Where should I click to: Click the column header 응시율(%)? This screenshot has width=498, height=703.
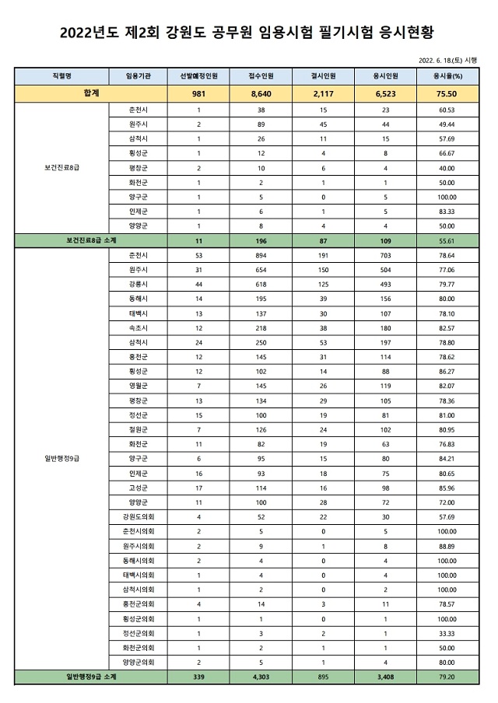(x=447, y=76)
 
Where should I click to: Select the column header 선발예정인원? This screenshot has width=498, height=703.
(x=198, y=76)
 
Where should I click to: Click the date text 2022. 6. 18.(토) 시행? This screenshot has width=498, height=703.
(x=447, y=59)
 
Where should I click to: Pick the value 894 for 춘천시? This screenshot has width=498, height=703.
(x=261, y=255)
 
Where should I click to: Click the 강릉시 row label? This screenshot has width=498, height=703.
(x=138, y=285)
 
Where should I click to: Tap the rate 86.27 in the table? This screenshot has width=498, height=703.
(x=447, y=372)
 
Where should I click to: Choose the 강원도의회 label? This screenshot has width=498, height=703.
(x=138, y=517)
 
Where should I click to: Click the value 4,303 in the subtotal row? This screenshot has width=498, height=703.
(x=261, y=677)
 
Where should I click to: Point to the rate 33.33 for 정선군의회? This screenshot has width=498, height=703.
(x=447, y=634)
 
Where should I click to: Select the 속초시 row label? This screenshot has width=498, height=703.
(x=138, y=328)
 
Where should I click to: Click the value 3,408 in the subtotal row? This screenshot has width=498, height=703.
(x=386, y=677)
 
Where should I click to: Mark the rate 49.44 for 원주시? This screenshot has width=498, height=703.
(x=447, y=124)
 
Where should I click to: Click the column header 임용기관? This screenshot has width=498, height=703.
(x=138, y=76)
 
